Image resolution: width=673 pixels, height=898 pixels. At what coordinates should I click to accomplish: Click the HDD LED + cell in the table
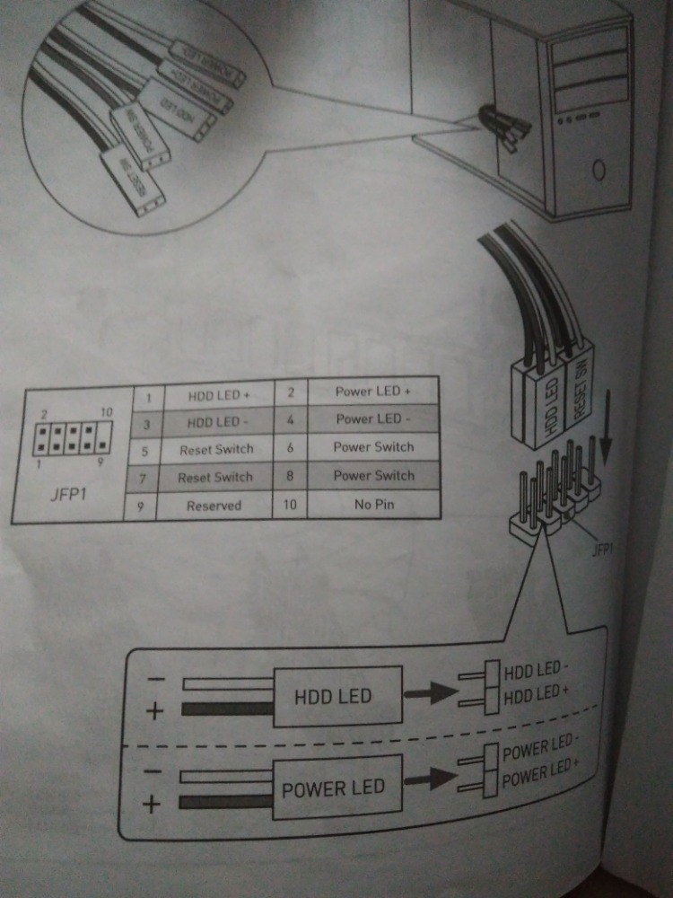(x=218, y=394)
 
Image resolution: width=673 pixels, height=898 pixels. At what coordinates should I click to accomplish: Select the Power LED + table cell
(x=372, y=392)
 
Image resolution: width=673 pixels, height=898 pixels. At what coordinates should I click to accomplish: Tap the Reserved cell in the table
(x=214, y=506)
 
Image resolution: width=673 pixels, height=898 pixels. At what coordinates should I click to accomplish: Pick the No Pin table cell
(x=374, y=504)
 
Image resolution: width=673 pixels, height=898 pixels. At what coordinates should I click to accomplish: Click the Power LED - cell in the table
(x=372, y=419)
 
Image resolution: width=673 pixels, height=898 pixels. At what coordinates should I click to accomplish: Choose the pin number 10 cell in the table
(x=289, y=505)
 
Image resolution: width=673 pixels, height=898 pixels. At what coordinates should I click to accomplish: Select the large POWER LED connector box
(x=333, y=788)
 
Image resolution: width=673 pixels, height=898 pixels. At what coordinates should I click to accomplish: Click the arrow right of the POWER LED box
(x=429, y=779)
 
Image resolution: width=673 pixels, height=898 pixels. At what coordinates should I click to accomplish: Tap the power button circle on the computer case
(x=599, y=168)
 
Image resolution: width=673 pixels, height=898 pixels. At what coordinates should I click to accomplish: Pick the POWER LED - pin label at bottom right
(x=538, y=752)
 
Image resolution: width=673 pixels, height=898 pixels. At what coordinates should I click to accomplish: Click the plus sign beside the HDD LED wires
(x=155, y=712)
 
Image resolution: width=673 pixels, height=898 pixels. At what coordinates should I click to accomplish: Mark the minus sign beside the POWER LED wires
(x=153, y=770)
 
